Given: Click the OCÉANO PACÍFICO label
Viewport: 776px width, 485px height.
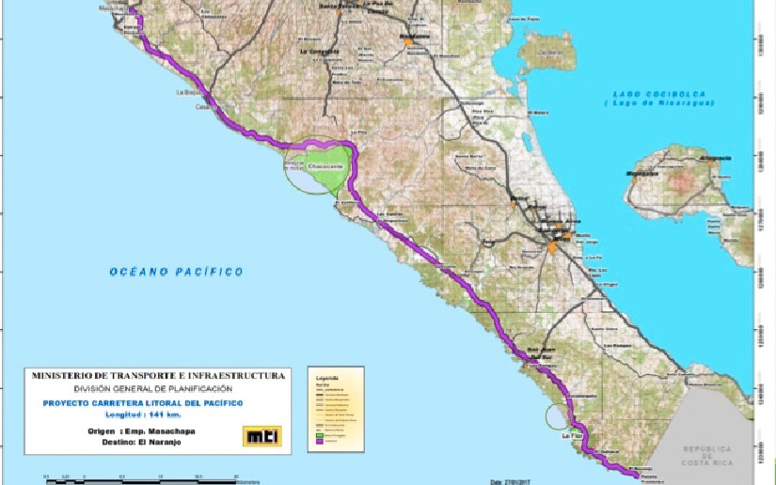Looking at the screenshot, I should pyautogui.click(x=176, y=272).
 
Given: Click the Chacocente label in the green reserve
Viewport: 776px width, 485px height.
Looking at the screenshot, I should pyautogui.click(x=323, y=165).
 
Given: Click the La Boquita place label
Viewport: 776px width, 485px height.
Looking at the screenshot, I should pyautogui.click(x=189, y=93).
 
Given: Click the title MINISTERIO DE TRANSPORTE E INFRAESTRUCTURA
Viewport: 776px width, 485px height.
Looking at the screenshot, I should pyautogui.click(x=157, y=376).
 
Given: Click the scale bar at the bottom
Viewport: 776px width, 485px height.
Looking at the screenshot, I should pyautogui.click(x=141, y=477).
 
